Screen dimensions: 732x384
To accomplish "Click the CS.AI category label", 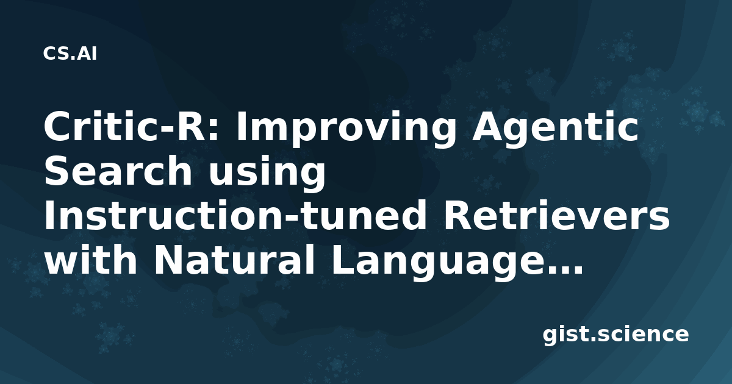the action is (x=70, y=54).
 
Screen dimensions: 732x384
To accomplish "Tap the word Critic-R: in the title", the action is (x=131, y=127).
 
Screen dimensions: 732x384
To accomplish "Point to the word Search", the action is (x=118, y=170).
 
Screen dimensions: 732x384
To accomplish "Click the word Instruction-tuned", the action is (x=235, y=215).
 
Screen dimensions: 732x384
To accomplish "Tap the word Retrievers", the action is (x=556, y=215).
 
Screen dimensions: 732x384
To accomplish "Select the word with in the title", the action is (x=90, y=259).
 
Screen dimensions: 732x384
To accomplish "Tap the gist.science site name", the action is (x=615, y=335).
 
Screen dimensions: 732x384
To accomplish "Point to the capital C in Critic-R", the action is (x=58, y=127).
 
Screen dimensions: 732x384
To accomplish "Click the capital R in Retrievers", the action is (x=457, y=215).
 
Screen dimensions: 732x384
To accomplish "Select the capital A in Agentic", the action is (x=487, y=127).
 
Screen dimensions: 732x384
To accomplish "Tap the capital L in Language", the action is (x=345, y=259).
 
